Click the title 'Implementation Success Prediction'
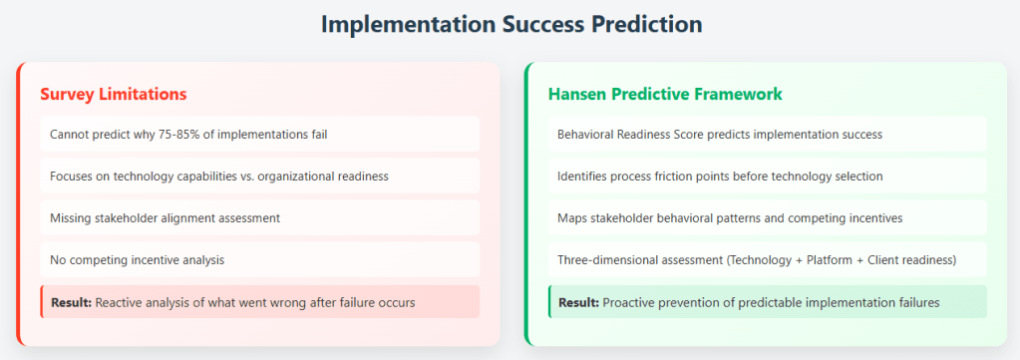[511, 24]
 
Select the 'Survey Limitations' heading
[114, 94]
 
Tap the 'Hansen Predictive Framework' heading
[665, 94]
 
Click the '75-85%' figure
[178, 134]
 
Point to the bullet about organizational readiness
[219, 176]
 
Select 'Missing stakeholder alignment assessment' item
[165, 218]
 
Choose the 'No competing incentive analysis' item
[137, 259]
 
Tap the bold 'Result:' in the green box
[578, 302]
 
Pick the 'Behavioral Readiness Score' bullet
[720, 134]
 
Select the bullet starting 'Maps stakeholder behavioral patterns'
[730, 218]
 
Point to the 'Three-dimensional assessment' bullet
[757, 259]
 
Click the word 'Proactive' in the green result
[627, 302]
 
